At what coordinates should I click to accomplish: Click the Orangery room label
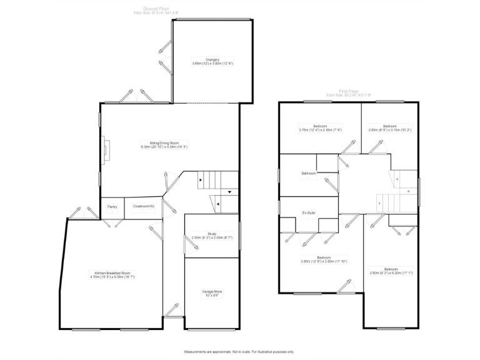point(212,59)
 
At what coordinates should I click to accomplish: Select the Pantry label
point(112,206)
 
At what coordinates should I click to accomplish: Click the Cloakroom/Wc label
point(143,206)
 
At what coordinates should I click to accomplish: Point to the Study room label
point(211,234)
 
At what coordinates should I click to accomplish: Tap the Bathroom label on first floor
point(309,173)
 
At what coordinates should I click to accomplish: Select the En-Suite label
point(309,213)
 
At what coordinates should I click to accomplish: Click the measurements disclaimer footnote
point(239,352)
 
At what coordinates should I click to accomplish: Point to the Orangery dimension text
point(212,64)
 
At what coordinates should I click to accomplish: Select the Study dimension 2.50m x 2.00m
point(211,238)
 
